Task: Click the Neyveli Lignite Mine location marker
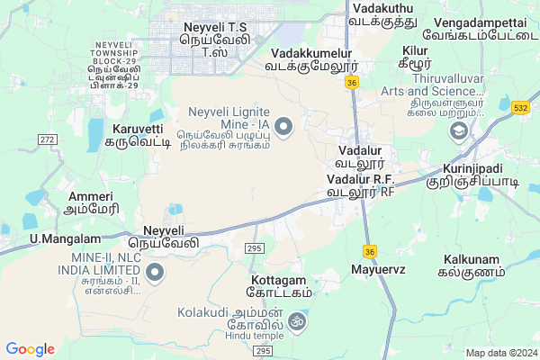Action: (284, 127)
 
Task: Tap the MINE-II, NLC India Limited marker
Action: (155, 271)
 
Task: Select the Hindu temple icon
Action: (297, 320)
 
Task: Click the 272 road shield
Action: (48, 139)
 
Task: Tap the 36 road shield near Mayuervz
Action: (369, 251)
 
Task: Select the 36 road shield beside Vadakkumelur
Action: (352, 83)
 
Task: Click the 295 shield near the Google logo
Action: (262, 350)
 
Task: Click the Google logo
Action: (30, 349)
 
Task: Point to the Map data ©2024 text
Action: (500, 353)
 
